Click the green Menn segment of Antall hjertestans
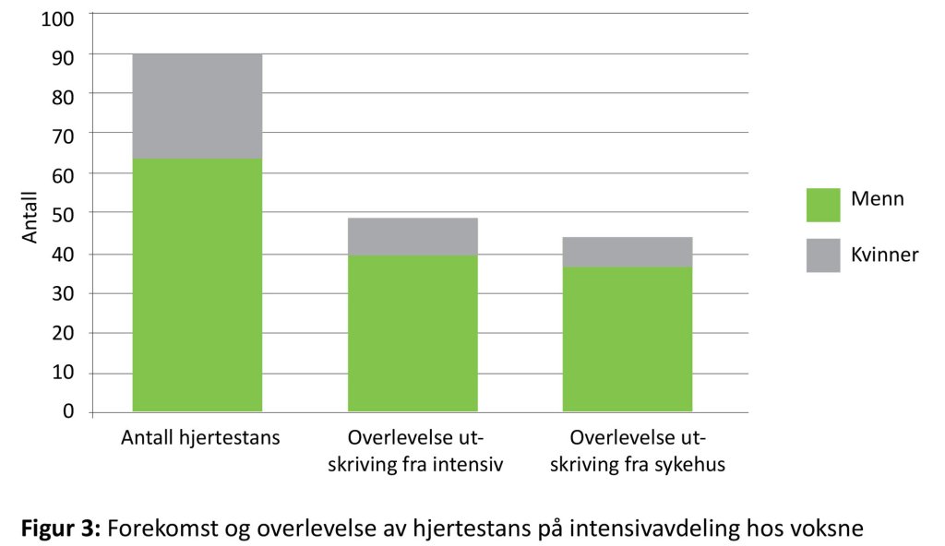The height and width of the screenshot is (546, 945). coord(197,285)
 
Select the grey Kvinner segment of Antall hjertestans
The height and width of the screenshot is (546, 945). coord(197,106)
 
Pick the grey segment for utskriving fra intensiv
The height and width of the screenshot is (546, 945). coord(413,236)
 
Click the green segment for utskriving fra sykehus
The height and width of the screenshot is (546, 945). coord(628,338)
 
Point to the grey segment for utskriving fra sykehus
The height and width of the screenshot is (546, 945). coord(628,252)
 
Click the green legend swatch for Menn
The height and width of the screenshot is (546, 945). coord(823,205)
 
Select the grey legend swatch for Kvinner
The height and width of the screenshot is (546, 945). coord(823,255)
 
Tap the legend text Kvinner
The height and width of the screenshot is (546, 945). coord(885,255)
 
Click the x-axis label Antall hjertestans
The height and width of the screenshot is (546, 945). coord(199,438)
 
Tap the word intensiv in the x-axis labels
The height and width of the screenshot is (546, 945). coord(470,465)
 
